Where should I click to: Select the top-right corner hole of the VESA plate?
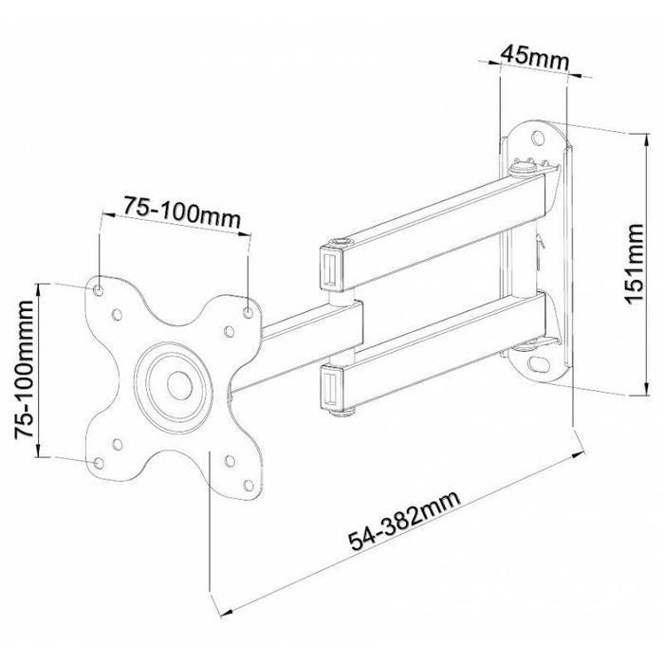(x=249, y=310)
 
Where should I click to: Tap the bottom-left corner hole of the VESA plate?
(x=99, y=462)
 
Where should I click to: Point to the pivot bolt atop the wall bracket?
(x=520, y=171)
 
